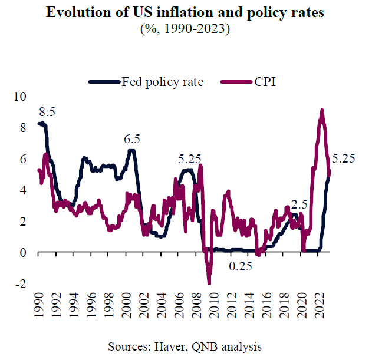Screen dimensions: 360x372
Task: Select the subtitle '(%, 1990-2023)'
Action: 186,29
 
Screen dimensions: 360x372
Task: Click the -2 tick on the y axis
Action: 22,284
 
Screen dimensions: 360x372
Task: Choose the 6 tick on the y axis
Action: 24,158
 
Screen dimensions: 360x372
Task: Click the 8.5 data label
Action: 47,112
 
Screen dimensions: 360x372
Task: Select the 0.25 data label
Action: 241,266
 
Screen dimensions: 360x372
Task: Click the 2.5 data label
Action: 300,204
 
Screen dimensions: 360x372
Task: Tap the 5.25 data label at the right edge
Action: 345,158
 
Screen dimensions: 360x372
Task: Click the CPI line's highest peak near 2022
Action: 322,110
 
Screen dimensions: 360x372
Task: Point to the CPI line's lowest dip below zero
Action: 209,282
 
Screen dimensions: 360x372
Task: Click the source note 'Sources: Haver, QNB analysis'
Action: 186,345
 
